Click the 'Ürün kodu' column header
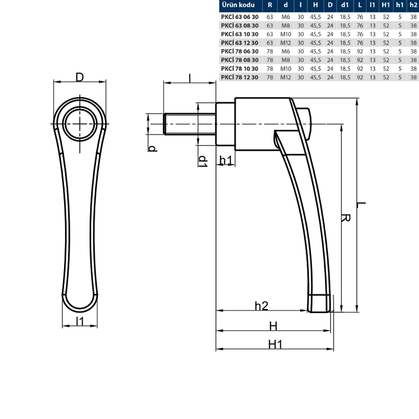tap(238, 5)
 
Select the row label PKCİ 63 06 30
tap(240, 17)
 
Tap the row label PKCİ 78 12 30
tap(240, 77)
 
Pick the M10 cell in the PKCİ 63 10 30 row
tap(285, 34)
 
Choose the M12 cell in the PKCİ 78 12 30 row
tap(285, 77)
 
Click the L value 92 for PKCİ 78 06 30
tap(360, 51)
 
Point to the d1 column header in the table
tap(345, 5)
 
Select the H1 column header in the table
tap(385, 5)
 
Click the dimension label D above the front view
tap(80, 77)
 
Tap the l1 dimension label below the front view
tap(80, 321)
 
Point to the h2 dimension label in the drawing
tap(261, 306)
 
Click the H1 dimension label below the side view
tap(275, 345)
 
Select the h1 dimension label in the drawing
tap(226, 160)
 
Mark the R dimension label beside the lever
tap(346, 218)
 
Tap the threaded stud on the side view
tap(190, 124)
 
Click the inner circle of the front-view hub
tap(80, 124)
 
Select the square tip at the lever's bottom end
tap(319, 303)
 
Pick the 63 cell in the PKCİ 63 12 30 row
tap(270, 43)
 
